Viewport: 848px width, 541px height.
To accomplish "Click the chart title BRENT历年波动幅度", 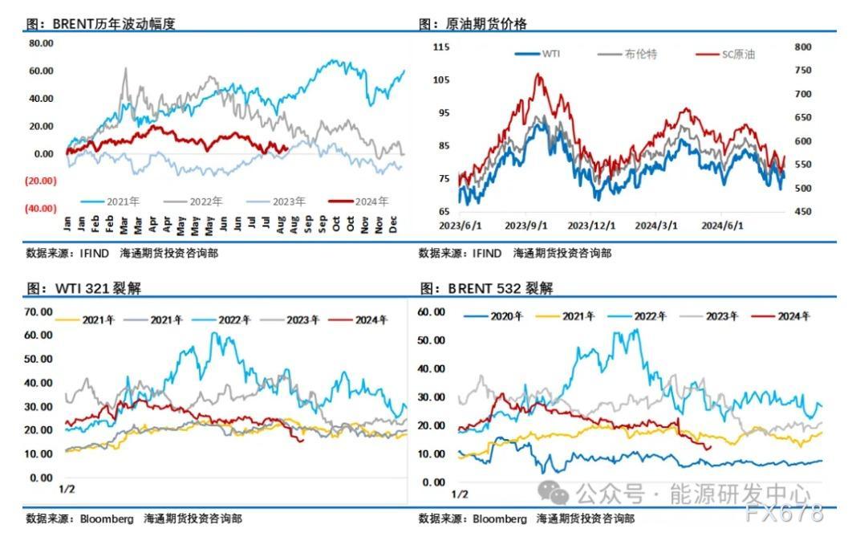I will (113, 24).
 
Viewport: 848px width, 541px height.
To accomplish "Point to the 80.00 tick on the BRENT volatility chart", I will (41, 43).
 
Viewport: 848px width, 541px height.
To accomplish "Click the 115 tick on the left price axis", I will (440, 47).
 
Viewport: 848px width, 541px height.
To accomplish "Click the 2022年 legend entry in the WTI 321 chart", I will (233, 320).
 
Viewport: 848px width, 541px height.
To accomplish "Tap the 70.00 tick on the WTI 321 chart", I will (39, 311).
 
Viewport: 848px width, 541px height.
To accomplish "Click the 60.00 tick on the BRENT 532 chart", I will (432, 311).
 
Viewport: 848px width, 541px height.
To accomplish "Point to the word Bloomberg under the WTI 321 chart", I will (106, 519).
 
